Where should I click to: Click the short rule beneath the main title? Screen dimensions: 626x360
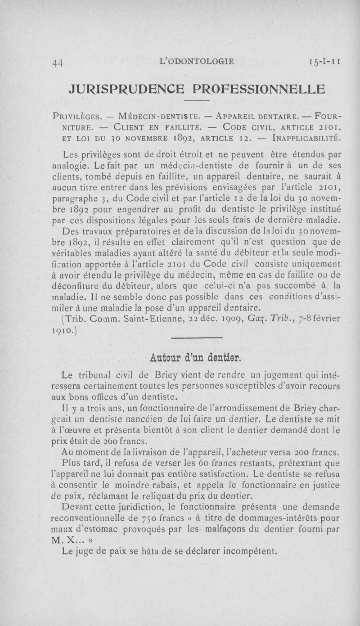coord(197,99)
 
